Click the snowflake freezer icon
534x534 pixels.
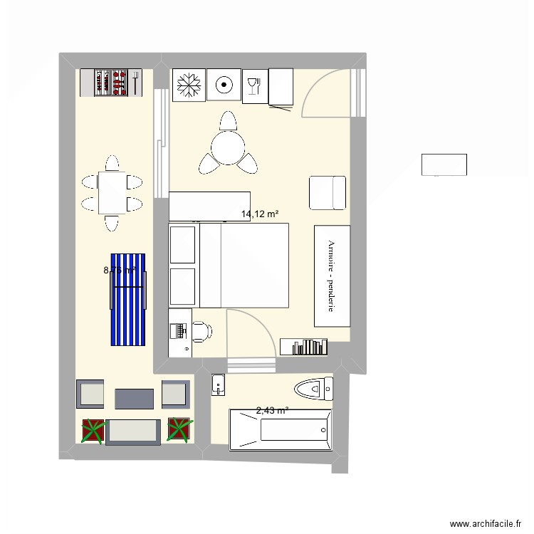coord(189,85)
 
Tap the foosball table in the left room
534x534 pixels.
coord(114,83)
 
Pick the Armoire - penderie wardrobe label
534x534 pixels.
coord(332,276)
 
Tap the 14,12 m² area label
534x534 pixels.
coord(259,214)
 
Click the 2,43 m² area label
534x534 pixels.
coord(272,410)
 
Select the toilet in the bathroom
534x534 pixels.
coord(313,389)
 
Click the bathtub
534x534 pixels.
coord(280,429)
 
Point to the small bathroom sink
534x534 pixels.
coord(218,385)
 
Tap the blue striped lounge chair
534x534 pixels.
coord(128,299)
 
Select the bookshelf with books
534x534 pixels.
coord(304,346)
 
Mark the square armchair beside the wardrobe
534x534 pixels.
coord(327,192)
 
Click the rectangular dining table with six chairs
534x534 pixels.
coord(111,194)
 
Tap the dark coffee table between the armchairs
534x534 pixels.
coord(134,399)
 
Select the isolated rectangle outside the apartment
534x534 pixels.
coord(444,164)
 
